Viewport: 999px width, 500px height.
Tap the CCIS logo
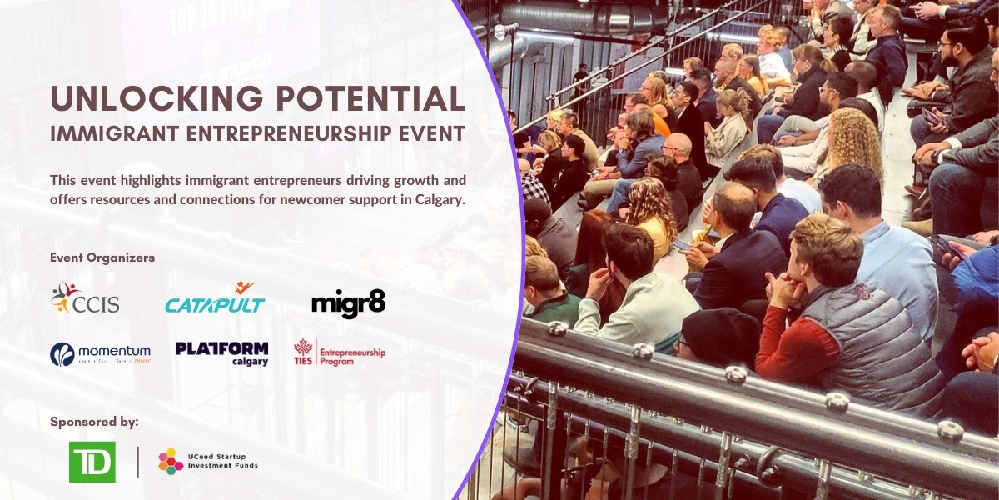(85, 298)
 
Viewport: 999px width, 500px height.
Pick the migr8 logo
(348, 302)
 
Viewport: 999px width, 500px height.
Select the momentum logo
(100, 353)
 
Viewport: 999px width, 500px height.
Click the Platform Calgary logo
(221, 352)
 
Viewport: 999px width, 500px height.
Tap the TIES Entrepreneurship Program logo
(340, 353)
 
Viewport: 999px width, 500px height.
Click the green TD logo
(92, 462)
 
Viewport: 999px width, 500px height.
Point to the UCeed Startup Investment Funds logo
(208, 461)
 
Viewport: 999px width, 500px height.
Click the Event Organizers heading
(102, 257)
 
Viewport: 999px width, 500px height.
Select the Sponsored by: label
(94, 421)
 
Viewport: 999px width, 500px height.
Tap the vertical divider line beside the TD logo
(138, 462)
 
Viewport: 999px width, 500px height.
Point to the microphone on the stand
(501, 32)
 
